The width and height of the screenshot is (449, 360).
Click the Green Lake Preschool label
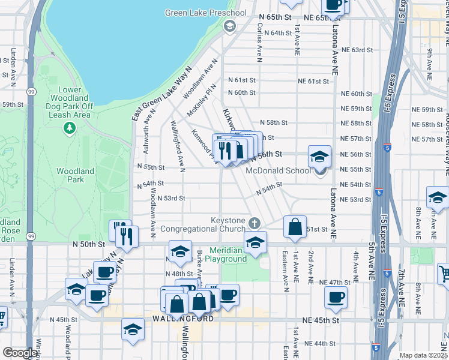[x=206, y=13]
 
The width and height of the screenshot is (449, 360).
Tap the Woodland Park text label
[x=75, y=175]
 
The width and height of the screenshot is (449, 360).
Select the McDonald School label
[x=279, y=170]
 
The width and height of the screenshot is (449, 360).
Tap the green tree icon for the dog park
[x=70, y=128]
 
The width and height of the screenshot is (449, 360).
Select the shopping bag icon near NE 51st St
[x=295, y=227]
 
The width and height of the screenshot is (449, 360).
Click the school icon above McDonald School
[x=319, y=158]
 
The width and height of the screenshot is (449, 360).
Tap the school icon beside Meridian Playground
[x=255, y=244]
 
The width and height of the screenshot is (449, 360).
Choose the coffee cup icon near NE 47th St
[x=336, y=296]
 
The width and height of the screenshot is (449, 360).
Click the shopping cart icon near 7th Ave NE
[x=444, y=274]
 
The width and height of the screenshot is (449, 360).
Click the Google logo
[x=19, y=353]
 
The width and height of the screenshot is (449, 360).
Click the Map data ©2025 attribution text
[x=424, y=355]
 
